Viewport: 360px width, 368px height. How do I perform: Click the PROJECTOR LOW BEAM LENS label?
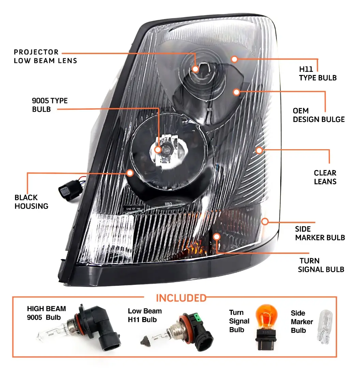[x=45, y=57]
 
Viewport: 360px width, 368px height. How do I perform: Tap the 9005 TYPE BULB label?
[x=50, y=105]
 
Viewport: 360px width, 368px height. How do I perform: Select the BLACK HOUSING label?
[x=31, y=202]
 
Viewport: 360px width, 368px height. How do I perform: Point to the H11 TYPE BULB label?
[x=317, y=73]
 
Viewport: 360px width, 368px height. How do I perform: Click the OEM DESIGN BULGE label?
[x=318, y=115]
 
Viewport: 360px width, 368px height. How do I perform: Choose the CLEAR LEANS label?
[x=325, y=177]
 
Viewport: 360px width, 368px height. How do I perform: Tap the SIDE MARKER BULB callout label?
[x=320, y=233]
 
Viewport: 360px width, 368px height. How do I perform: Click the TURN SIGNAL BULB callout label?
[x=321, y=265]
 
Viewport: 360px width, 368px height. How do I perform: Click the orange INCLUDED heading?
[x=181, y=298]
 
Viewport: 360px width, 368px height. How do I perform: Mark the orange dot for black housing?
[x=130, y=173]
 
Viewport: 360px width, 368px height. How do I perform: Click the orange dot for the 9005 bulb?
[x=158, y=150]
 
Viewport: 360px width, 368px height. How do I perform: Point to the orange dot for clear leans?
[x=259, y=150]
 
